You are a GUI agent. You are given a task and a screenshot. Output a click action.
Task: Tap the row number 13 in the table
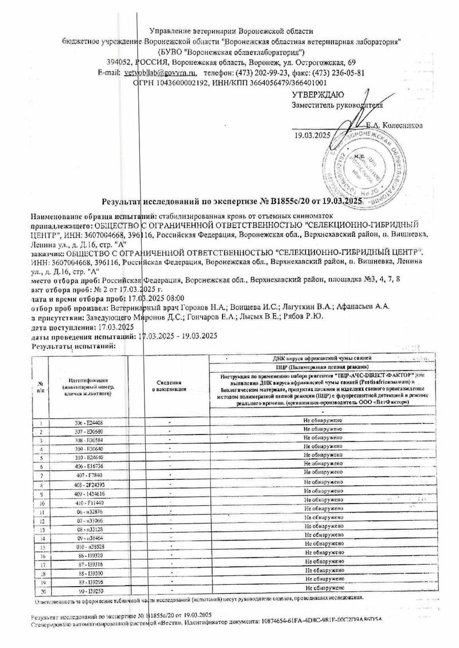point(41,530)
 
